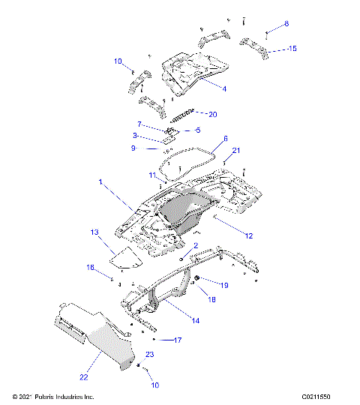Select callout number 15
pos(292,49)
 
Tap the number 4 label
pos(223,88)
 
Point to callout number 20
pos(212,114)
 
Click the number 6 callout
pos(225,139)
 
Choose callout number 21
pos(236,151)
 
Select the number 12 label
pos(248,235)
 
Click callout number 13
pos(94,232)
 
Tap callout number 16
pos(90,267)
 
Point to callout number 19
pos(223,285)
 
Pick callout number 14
pos(195,320)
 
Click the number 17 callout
pos(178,340)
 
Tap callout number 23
pos(149,354)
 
